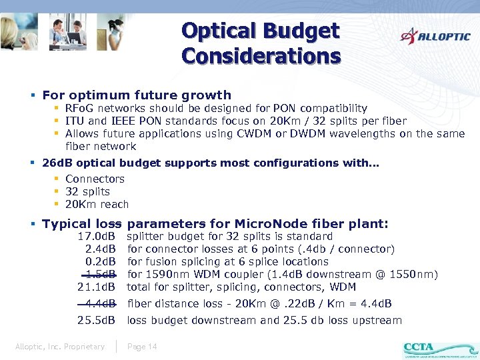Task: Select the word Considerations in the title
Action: (x=261, y=56)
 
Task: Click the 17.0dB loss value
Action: (x=97, y=237)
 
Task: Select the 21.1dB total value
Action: (x=97, y=287)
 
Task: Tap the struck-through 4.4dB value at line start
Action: (x=100, y=304)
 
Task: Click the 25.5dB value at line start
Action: (x=97, y=321)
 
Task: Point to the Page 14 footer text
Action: (x=142, y=347)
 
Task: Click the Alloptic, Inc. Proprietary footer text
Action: (x=60, y=347)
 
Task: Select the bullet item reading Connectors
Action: (x=95, y=179)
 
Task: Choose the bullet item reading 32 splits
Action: (x=87, y=192)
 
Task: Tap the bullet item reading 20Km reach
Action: (x=97, y=205)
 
